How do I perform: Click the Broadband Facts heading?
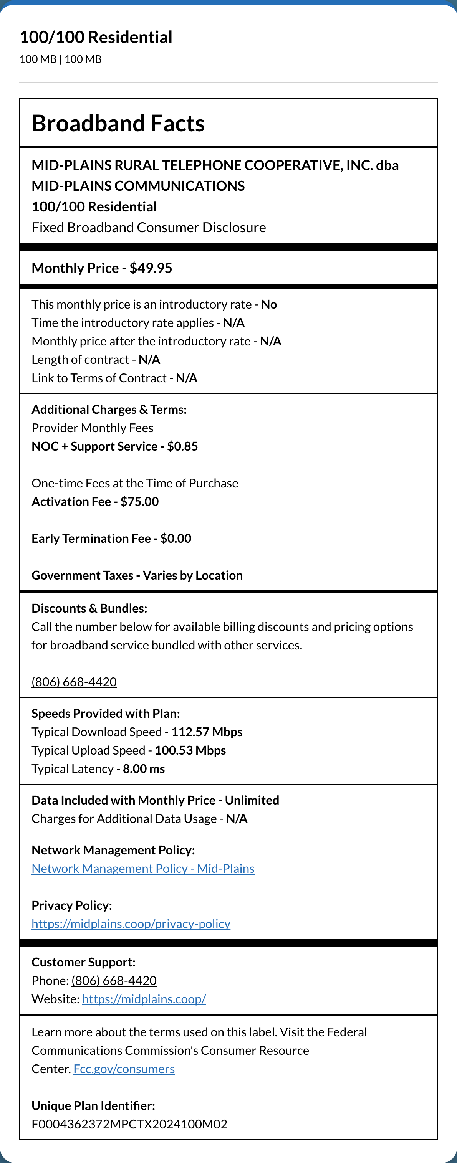(118, 123)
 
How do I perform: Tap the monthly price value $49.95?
(151, 268)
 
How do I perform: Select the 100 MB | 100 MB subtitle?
(61, 59)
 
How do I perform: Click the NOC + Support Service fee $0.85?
(182, 446)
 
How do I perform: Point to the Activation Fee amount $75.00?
(139, 502)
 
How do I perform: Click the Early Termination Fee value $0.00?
(176, 538)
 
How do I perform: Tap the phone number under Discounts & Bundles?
(74, 682)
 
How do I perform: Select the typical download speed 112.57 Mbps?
(207, 732)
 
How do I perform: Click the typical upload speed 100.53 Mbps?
(190, 750)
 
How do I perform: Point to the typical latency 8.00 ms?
(144, 769)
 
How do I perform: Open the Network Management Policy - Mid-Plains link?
(143, 869)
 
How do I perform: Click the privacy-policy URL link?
(131, 924)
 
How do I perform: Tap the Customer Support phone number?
(114, 981)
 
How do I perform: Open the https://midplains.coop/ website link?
(144, 999)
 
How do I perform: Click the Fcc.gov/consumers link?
(124, 1069)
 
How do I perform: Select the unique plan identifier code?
(129, 1124)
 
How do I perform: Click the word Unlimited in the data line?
(252, 800)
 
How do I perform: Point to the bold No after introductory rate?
(269, 304)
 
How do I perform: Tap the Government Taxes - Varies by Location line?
(137, 575)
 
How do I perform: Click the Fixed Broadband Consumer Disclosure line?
(149, 228)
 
